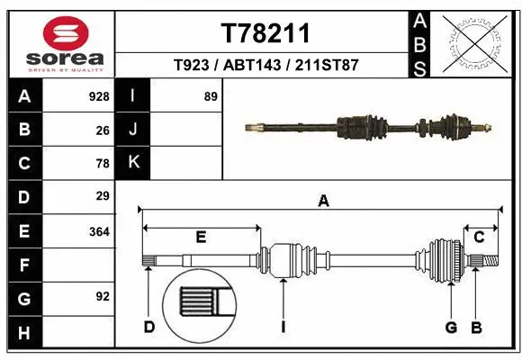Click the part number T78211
point(265,33)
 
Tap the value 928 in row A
point(99,96)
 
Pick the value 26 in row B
point(103,130)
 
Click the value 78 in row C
point(103,164)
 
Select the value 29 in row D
point(103,196)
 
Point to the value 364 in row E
point(99,231)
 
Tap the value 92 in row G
point(103,296)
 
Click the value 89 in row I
point(211,96)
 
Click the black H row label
point(23,333)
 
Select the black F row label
point(23,265)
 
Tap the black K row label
point(134,163)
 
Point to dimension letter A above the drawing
point(323,202)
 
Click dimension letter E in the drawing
point(201,237)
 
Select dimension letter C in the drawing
point(480,237)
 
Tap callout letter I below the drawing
point(283,327)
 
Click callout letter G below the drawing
point(452,327)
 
